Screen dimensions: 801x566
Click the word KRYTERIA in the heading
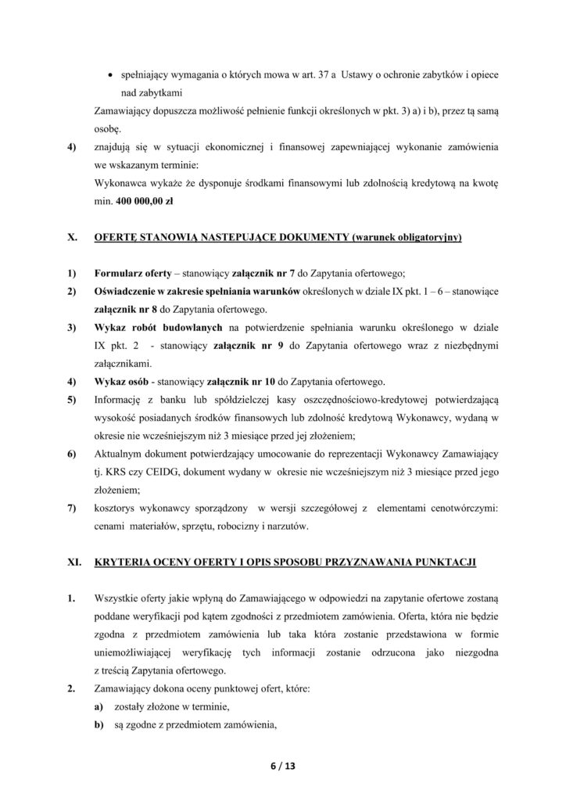point(128,562)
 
